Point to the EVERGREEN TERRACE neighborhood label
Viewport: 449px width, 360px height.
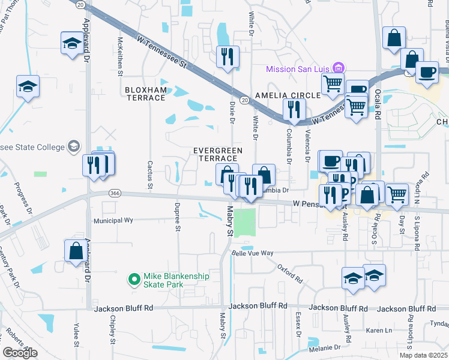(x=217, y=154)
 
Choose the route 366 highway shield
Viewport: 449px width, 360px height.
(x=115, y=193)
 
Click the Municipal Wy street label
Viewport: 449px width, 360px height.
(x=113, y=221)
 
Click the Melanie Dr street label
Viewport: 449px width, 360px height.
(x=325, y=347)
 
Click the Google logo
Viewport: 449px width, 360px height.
(x=20, y=353)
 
